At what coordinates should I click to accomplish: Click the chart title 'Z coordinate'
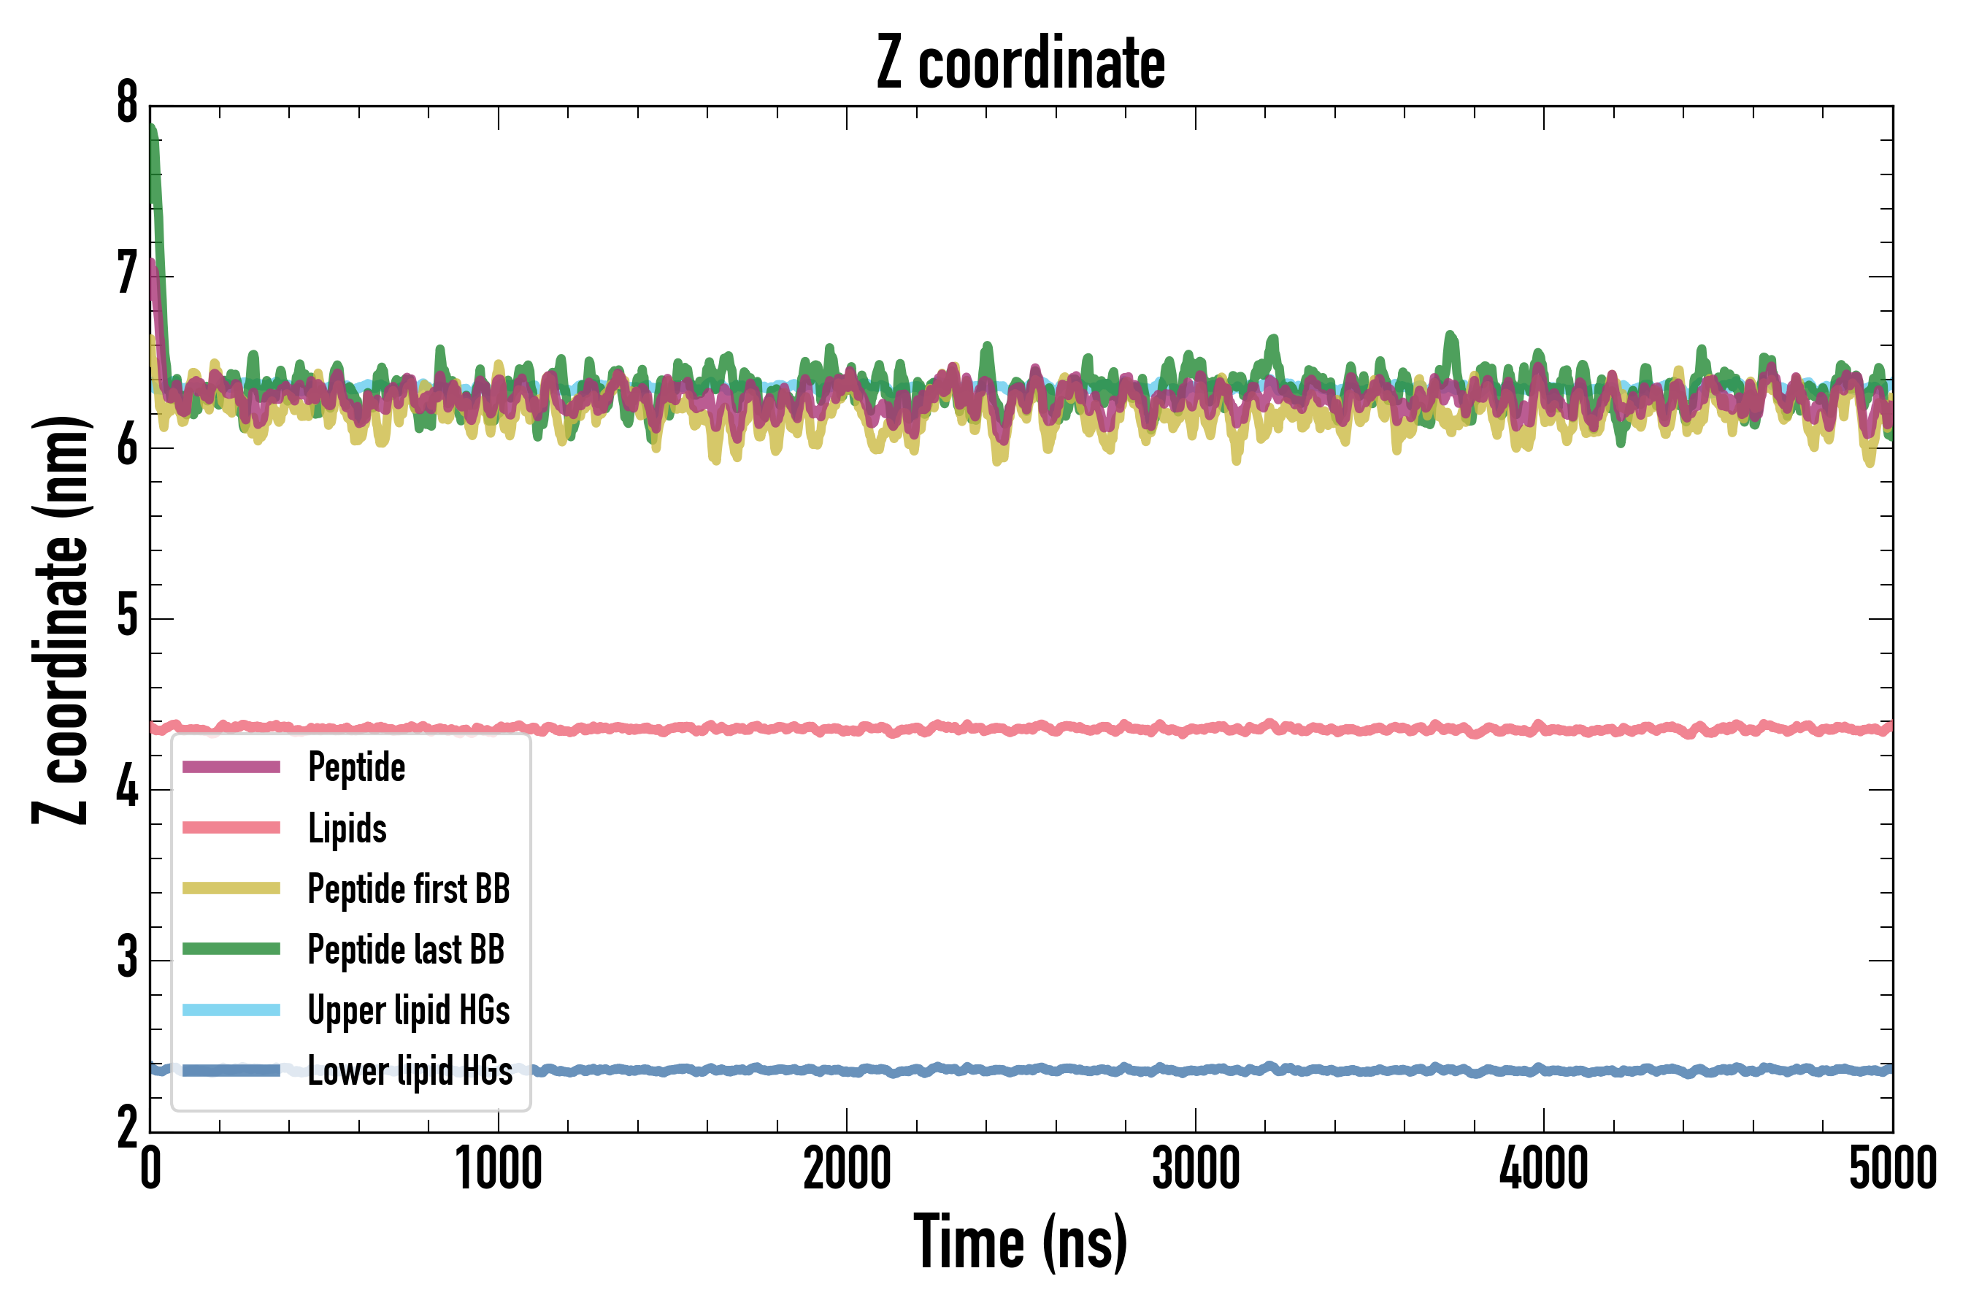pyautogui.click(x=1020, y=64)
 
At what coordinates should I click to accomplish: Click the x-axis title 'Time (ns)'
pyautogui.click(x=1020, y=1242)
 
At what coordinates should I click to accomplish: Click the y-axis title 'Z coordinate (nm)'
pyautogui.click(x=61, y=620)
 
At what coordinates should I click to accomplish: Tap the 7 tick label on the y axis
pyautogui.click(x=127, y=275)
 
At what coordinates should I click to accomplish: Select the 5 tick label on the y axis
pyautogui.click(x=127, y=618)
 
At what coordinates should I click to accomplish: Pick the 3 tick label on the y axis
pyautogui.click(x=127, y=959)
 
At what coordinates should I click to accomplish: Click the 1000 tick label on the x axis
pyautogui.click(x=499, y=1169)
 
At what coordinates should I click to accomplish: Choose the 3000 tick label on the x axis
pyautogui.click(x=1195, y=1169)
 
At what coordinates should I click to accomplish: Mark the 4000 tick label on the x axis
pyautogui.click(x=1544, y=1169)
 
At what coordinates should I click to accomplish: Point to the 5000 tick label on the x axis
pyautogui.click(x=1892, y=1169)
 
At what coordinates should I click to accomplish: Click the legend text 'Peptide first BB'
pyautogui.click(x=408, y=889)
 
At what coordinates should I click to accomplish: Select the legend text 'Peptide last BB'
pyautogui.click(x=406, y=950)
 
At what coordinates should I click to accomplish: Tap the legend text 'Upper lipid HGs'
pyautogui.click(x=408, y=1010)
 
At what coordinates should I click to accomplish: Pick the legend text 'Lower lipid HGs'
pyautogui.click(x=410, y=1071)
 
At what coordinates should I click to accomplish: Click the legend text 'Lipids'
pyautogui.click(x=347, y=829)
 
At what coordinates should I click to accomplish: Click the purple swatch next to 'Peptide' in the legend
pyautogui.click(x=231, y=768)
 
